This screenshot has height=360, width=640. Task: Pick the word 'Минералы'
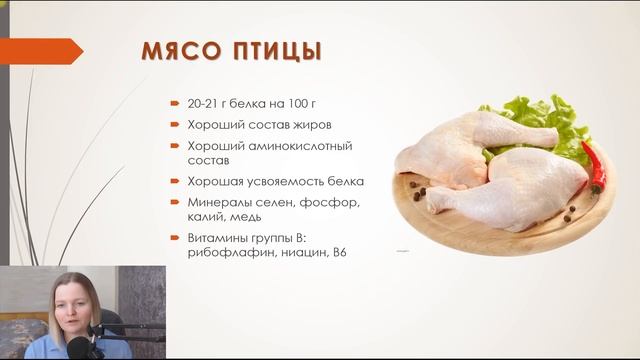click(x=216, y=203)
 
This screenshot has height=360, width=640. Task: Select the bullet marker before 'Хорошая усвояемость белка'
click(x=176, y=182)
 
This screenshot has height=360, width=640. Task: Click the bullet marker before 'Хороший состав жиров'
click(x=176, y=125)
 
